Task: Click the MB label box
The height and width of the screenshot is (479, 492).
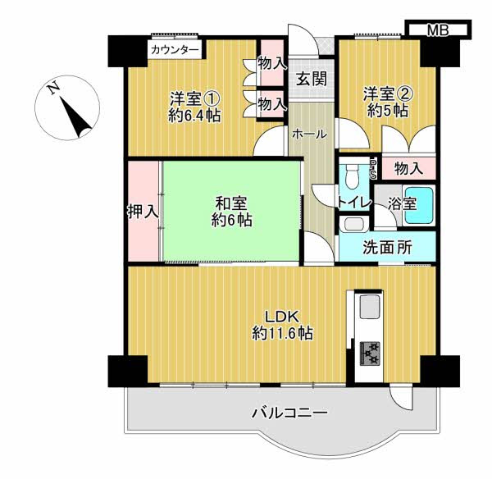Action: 438,30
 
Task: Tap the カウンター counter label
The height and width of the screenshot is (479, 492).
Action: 175,50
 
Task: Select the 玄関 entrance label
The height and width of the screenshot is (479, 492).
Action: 312,78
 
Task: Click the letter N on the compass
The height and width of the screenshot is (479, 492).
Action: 54,88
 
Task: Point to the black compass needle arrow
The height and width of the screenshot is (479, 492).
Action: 75,118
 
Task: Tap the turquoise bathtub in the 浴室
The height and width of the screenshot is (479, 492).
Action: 419,205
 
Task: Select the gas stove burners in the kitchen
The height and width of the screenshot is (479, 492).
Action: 370,354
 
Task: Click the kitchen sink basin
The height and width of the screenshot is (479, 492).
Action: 369,306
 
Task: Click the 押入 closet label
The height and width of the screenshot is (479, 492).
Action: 143,212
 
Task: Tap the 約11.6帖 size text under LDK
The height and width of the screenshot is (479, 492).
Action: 282,333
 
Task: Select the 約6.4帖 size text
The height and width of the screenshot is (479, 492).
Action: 194,116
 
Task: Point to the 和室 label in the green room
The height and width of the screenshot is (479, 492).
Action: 231,204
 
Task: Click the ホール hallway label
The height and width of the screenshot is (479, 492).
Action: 310,135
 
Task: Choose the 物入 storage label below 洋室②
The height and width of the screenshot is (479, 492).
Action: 408,169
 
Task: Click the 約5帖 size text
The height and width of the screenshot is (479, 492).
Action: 388,111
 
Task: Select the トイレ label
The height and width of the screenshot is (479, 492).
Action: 354,203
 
